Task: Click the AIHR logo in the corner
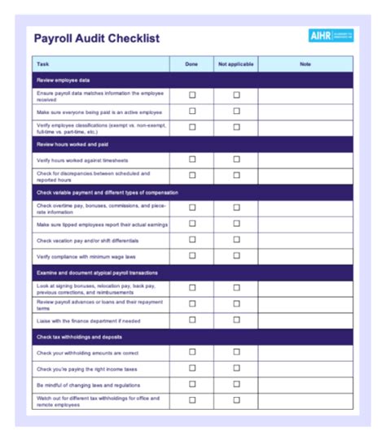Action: coord(331,37)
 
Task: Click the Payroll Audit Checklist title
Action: coord(97,38)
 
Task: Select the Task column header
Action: coord(43,63)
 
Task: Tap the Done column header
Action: coord(191,63)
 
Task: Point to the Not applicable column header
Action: coord(236,63)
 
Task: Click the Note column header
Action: coord(305,63)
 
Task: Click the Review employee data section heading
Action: coord(64,81)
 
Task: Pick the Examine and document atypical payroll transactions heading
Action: coord(97,272)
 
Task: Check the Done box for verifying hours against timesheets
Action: coord(192,159)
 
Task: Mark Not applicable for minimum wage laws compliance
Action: coord(237,256)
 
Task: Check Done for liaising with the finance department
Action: coord(192,320)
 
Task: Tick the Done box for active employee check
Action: coord(192,111)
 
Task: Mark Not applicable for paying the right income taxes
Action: coord(237,368)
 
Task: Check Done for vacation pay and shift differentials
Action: coord(192,240)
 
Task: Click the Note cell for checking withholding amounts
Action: coord(305,352)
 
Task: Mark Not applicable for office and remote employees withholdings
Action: coord(237,400)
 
